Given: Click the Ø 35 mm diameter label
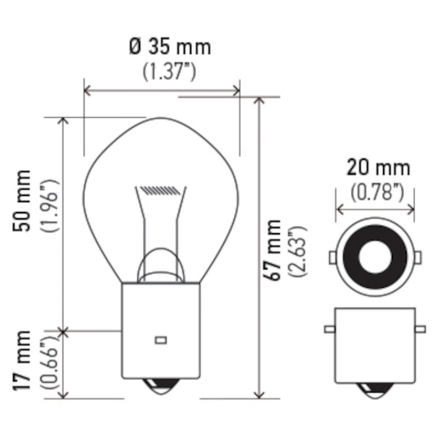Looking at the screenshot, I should (170, 47).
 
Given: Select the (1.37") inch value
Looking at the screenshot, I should (169, 71).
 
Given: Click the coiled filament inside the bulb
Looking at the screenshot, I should (160, 191).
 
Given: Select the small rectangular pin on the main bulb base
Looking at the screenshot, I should (160, 340).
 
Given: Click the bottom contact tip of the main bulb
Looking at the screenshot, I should (160, 387).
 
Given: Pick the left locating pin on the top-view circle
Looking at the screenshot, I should (332, 257).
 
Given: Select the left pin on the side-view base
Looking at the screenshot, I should (329, 329).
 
